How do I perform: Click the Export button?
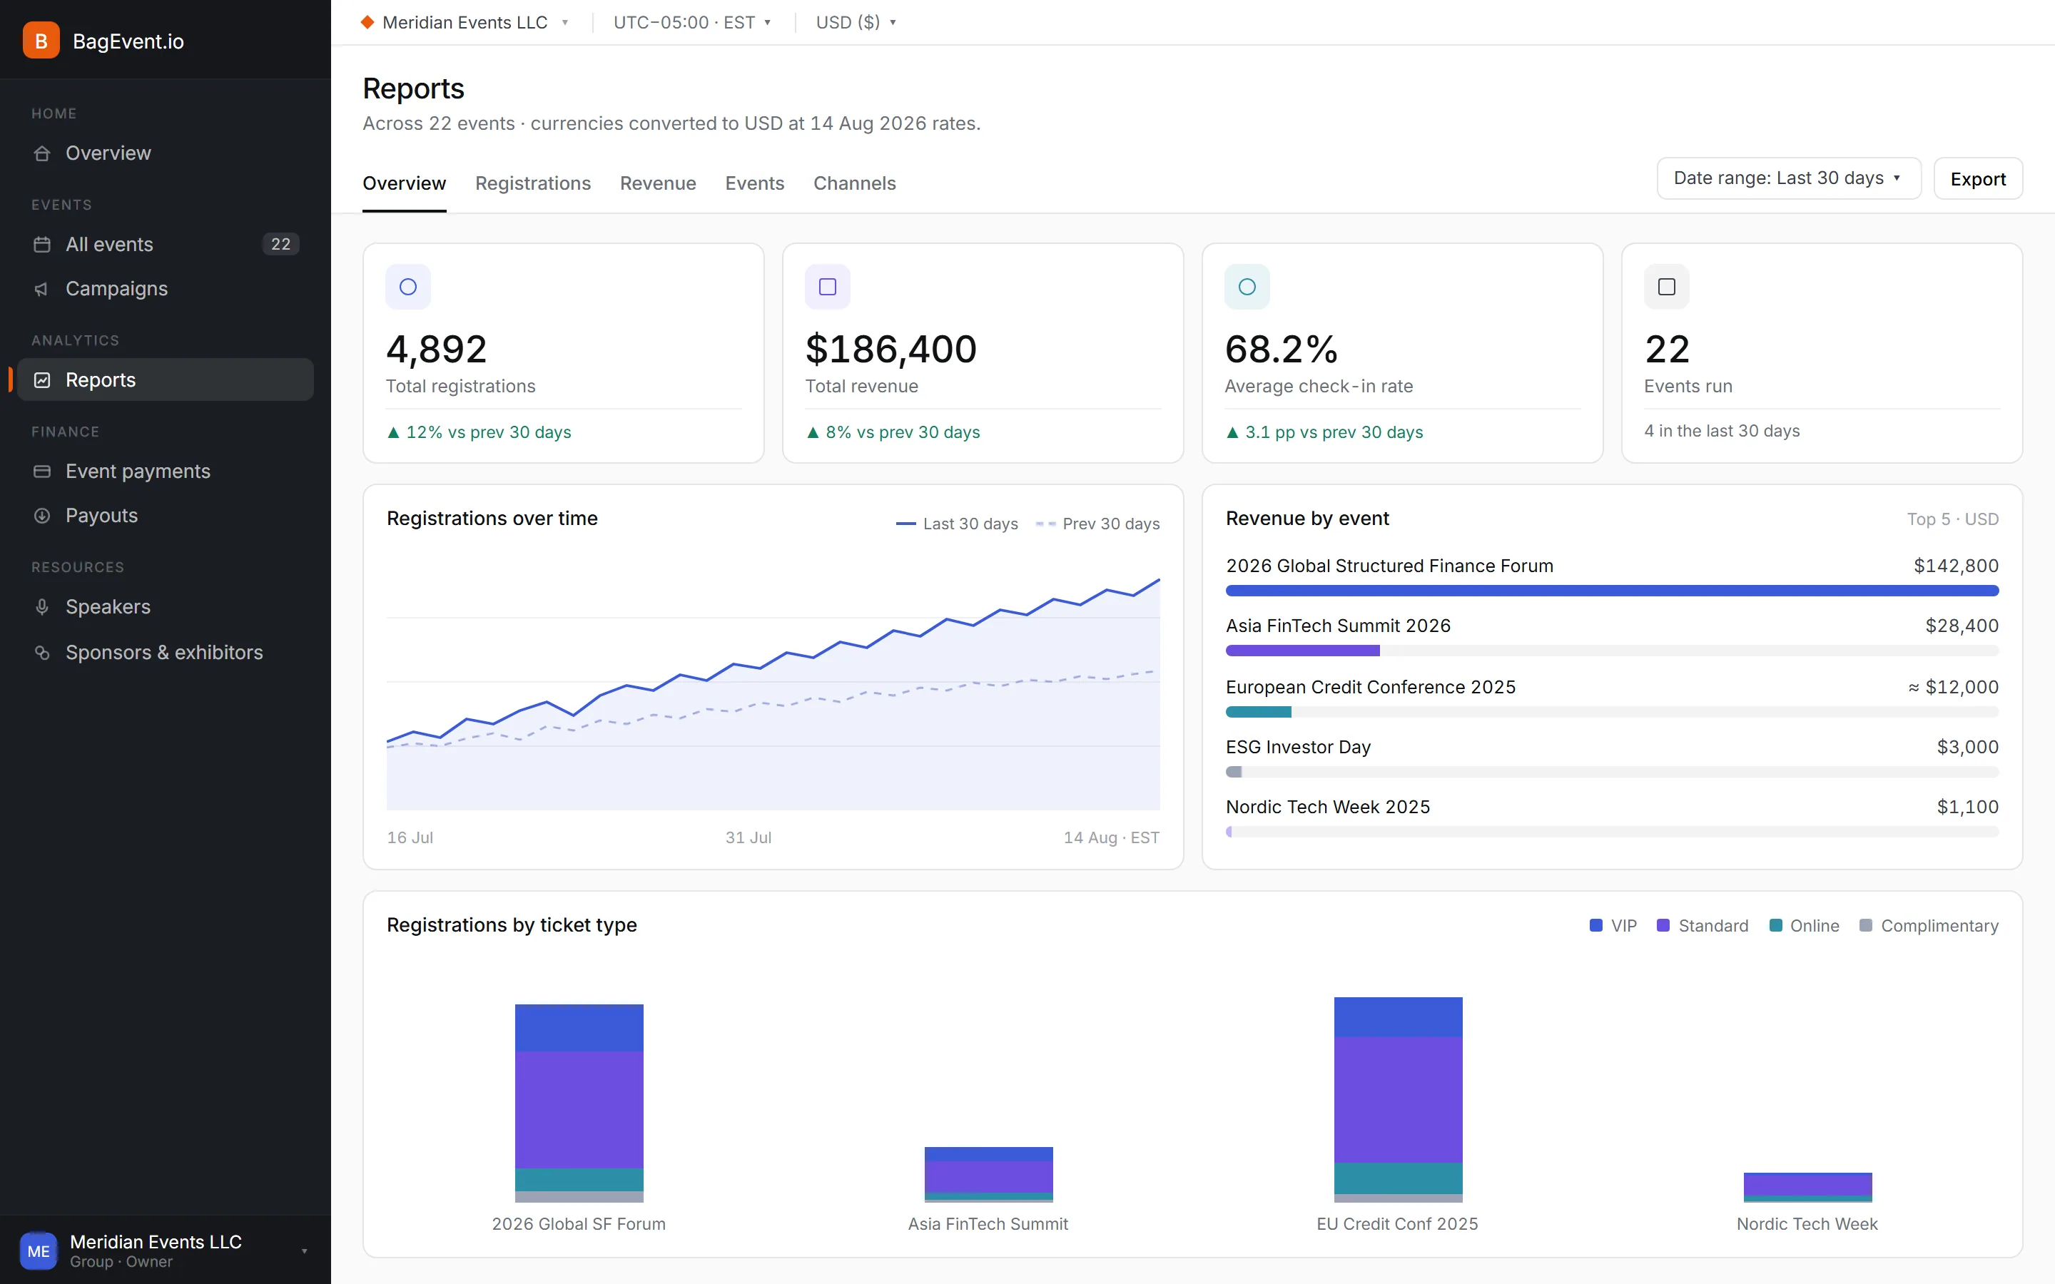[x=1978, y=178]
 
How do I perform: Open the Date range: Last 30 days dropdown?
[x=1788, y=178]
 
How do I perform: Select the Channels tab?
[x=854, y=183]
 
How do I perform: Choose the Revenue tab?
[x=658, y=183]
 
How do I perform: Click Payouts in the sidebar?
[x=102, y=516]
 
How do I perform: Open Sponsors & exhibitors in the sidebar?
[x=165, y=652]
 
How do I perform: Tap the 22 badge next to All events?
[x=281, y=245]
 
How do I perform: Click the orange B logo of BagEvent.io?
[x=41, y=41]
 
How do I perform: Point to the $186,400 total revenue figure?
[x=890, y=349]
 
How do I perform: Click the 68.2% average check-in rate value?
[x=1281, y=349]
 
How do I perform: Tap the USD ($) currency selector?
[x=856, y=22]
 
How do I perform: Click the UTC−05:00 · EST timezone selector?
[x=692, y=22]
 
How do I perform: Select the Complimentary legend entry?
[x=1929, y=926]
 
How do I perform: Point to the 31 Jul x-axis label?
[x=748, y=837]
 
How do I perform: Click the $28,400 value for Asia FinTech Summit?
[x=1962, y=626]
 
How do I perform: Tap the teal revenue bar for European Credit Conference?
[x=1259, y=712]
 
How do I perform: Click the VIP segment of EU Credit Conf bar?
[x=1398, y=1017]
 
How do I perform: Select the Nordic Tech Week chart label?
[x=1807, y=1223]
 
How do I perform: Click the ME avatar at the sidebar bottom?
[x=39, y=1251]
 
